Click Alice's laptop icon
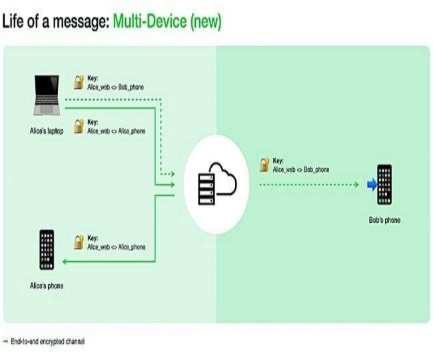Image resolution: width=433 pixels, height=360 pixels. pyautogui.click(x=47, y=95)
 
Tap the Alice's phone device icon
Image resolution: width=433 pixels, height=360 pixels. pyautogui.click(x=47, y=250)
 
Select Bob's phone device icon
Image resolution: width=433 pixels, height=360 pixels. pyautogui.click(x=384, y=185)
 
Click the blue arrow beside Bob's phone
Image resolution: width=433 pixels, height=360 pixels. pyautogui.click(x=372, y=185)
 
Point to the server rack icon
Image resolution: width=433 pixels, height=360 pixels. pyautogui.click(x=207, y=189)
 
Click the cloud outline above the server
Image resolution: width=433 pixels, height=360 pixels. pyautogui.click(x=223, y=179)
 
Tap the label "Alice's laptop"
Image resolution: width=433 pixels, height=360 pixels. pyautogui.click(x=47, y=131)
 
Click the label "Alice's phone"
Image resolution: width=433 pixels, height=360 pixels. pyautogui.click(x=47, y=286)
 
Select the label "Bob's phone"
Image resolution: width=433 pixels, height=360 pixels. pyautogui.click(x=384, y=220)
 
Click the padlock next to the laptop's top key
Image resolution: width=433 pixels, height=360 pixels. pyautogui.click(x=79, y=82)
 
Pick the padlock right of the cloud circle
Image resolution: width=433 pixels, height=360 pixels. pyautogui.click(x=264, y=165)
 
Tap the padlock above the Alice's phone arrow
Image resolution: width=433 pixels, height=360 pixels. pyautogui.click(x=79, y=242)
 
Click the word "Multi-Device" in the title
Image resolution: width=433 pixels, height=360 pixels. pyautogui.click(x=150, y=21)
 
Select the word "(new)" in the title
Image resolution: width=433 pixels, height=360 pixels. pyautogui.click(x=206, y=21)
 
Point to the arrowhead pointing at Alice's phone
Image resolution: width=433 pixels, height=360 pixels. pyautogui.click(x=65, y=261)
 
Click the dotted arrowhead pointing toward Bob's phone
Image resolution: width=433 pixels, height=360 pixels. pyautogui.click(x=356, y=185)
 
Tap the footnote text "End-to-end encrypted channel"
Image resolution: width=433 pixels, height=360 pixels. pyautogui.click(x=48, y=341)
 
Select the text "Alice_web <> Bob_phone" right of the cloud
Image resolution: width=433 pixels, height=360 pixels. pyautogui.click(x=301, y=169)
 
